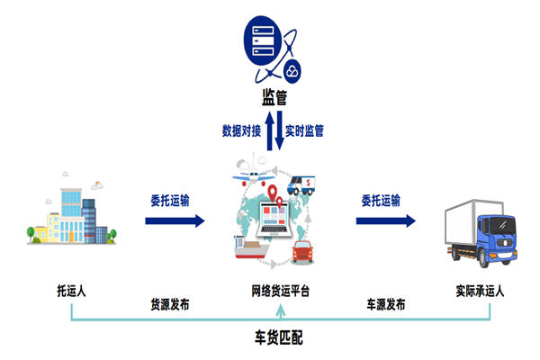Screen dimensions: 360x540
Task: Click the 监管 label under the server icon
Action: coord(274,96)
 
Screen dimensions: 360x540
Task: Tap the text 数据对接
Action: coord(241,130)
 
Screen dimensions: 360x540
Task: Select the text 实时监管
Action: coord(305,130)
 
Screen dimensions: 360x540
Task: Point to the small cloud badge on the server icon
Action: coord(293,70)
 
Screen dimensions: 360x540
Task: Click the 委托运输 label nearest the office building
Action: coord(170,200)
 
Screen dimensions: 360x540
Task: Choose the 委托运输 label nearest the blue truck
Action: coord(381,200)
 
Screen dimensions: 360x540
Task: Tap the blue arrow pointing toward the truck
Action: coord(386,220)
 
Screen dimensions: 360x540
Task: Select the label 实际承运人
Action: coord(480,291)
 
